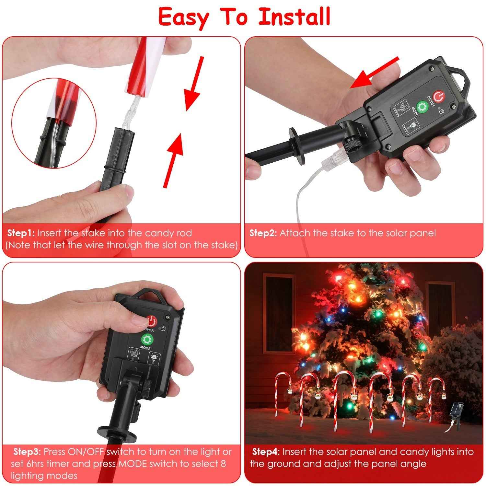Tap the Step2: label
tap(263, 233)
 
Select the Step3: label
tap(27, 452)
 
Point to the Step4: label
tap(266, 452)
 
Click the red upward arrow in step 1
tap(173, 159)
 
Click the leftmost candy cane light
tap(279, 394)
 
